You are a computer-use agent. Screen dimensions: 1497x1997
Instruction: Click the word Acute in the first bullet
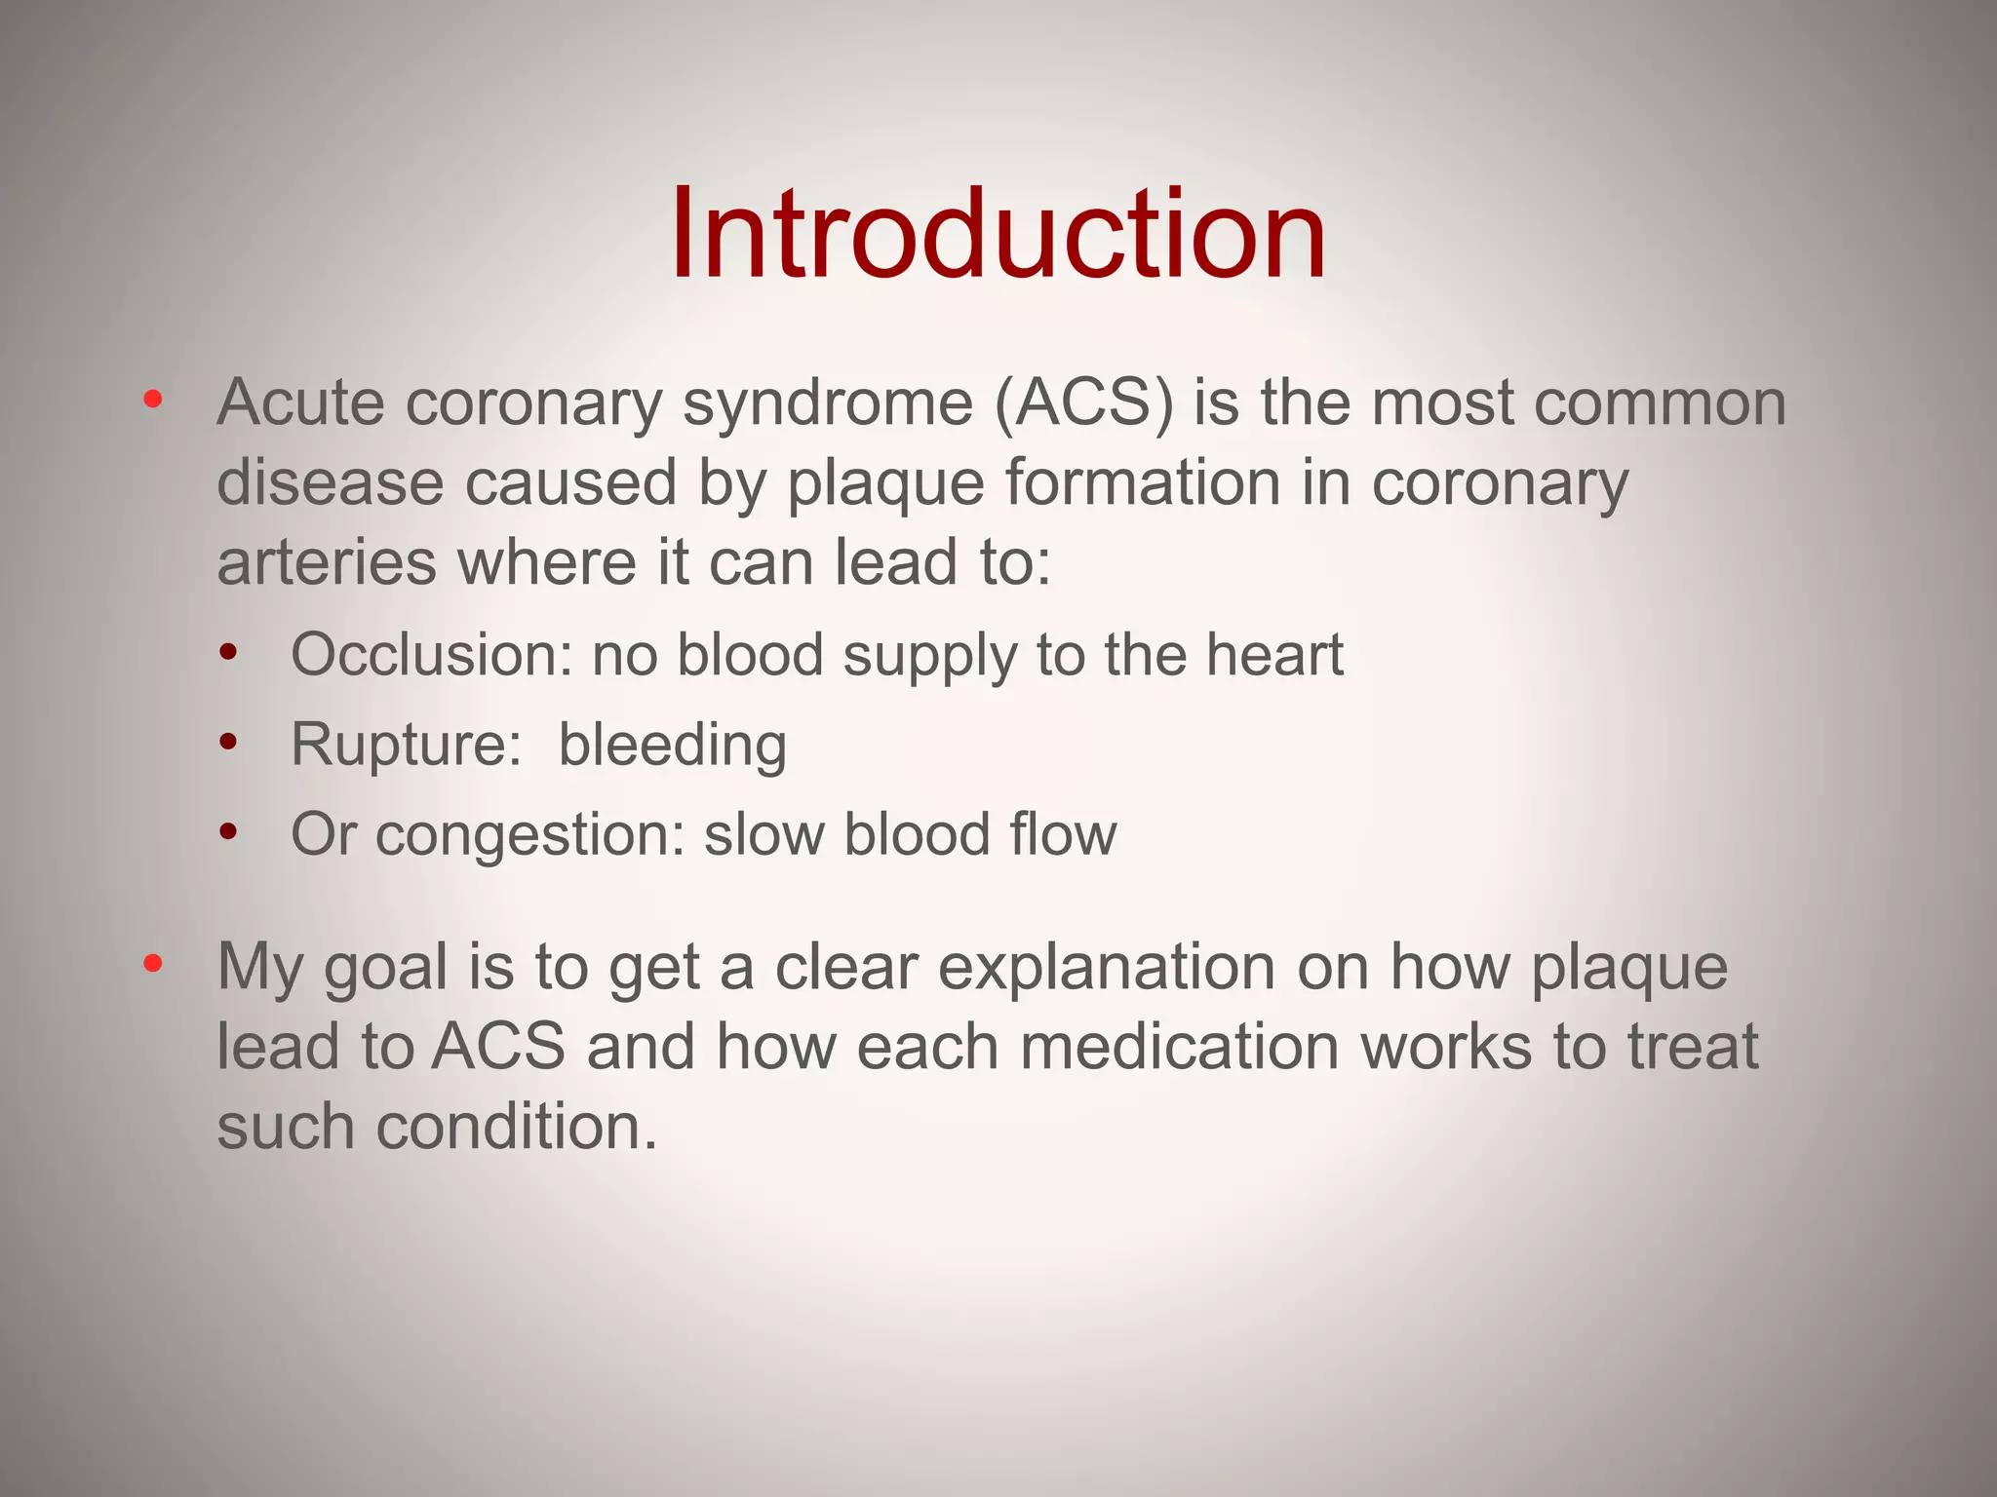[x=300, y=403]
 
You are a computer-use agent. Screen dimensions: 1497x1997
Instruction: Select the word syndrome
[x=827, y=404]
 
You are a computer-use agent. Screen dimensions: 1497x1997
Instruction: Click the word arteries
[x=326, y=563]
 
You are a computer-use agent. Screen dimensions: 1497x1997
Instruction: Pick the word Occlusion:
[x=432, y=655]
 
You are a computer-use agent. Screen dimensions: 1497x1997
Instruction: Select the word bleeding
[x=672, y=747]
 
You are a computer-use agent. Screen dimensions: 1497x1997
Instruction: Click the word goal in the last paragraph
[x=385, y=969]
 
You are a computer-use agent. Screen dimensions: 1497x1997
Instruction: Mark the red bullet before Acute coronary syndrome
[x=152, y=400]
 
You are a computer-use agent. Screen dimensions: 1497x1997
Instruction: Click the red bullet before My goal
[x=152, y=964]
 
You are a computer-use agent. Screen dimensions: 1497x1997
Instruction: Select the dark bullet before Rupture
[x=228, y=743]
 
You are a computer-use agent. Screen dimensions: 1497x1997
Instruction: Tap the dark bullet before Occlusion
[x=228, y=652]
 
